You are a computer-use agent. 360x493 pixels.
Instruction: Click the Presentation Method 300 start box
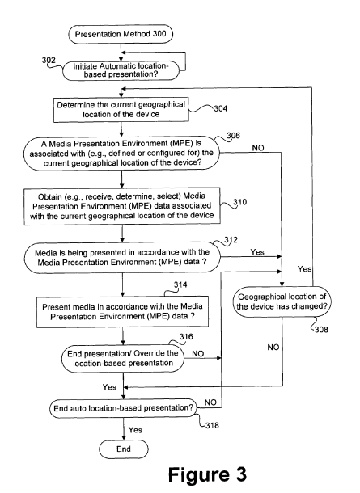point(121,34)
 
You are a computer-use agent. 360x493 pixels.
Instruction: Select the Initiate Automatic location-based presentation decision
point(121,70)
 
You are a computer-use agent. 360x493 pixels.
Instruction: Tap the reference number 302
point(49,60)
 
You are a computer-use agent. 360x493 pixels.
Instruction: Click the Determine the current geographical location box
point(121,109)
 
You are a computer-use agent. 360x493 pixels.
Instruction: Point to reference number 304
point(221,109)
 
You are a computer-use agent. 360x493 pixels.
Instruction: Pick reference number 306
point(233,136)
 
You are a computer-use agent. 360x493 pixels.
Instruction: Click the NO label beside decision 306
point(258,148)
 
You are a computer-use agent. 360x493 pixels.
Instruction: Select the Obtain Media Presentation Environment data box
point(122,206)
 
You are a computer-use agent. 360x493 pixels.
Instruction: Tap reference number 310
point(239,202)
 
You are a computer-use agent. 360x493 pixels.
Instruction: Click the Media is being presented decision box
point(122,257)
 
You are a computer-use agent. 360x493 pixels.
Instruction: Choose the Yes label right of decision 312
point(257,252)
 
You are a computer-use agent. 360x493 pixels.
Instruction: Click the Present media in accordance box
point(122,312)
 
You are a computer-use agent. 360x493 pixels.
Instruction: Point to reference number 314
point(180,284)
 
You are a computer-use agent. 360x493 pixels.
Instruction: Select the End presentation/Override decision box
point(123,358)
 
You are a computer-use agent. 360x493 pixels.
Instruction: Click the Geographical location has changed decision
point(282,301)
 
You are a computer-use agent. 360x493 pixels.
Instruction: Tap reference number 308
point(321,329)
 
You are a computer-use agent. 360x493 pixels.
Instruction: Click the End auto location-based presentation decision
point(123,408)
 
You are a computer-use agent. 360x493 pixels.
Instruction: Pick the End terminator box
point(123,449)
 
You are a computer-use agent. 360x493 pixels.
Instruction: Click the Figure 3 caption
point(207,474)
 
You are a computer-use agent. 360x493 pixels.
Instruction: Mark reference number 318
point(212,425)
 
